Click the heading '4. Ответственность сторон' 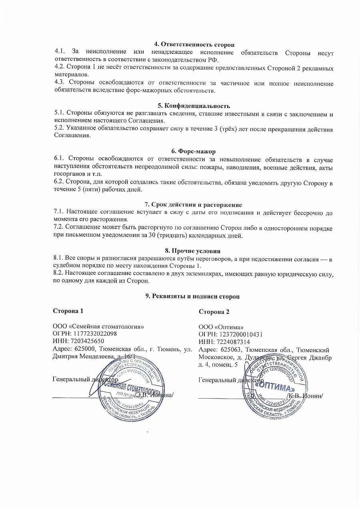[x=194, y=44]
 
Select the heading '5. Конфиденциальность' [x=194, y=106]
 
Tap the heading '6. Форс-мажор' [x=194, y=151]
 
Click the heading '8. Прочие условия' [x=193, y=251]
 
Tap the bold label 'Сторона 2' [x=214, y=312]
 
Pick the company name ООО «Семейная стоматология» [x=98, y=326]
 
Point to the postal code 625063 [x=225, y=350]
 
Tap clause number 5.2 [x=60, y=129]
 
